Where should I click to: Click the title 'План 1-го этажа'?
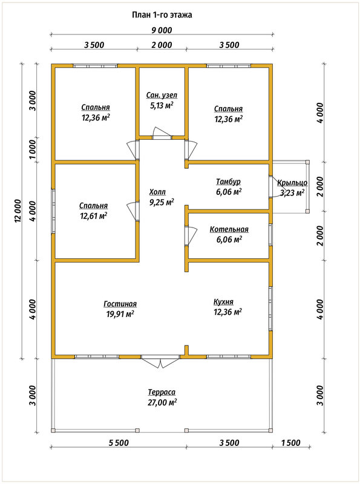click(x=162, y=15)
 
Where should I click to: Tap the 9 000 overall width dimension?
click(x=162, y=30)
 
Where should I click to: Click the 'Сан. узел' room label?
click(x=162, y=96)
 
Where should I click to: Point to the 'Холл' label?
click(x=157, y=192)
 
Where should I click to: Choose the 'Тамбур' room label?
click(x=228, y=182)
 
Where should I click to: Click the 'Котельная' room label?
click(x=229, y=229)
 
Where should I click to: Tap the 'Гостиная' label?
click(x=120, y=304)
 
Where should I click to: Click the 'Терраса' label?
click(x=162, y=392)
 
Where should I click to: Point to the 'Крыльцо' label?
click(x=292, y=183)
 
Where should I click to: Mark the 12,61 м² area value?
click(x=94, y=215)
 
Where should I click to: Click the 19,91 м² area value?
click(x=120, y=314)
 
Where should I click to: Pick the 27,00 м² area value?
click(x=162, y=402)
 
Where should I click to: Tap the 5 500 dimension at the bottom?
click(x=119, y=443)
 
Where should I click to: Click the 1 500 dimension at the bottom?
click(x=290, y=443)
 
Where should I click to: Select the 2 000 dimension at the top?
click(x=162, y=45)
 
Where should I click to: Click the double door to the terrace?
click(x=160, y=361)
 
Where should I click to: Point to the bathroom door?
click(x=162, y=133)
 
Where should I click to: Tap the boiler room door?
click(x=191, y=236)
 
